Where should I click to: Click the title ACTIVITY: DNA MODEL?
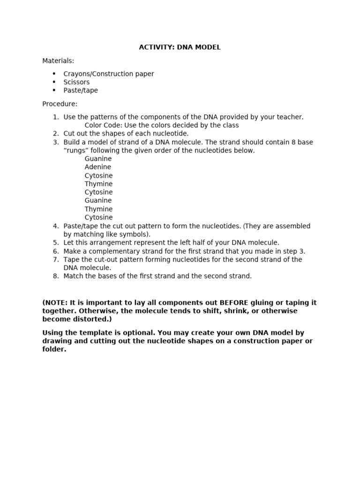(180, 47)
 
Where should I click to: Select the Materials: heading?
(58, 61)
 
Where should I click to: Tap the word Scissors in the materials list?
(76, 82)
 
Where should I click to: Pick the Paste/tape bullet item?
(81, 90)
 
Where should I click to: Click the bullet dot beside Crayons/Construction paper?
(54, 74)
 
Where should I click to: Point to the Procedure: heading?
(60, 104)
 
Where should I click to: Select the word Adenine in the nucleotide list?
(98, 167)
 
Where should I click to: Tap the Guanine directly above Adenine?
(98, 159)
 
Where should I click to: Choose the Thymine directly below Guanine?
(98, 209)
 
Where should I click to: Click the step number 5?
(55, 243)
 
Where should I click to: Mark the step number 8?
(55, 276)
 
